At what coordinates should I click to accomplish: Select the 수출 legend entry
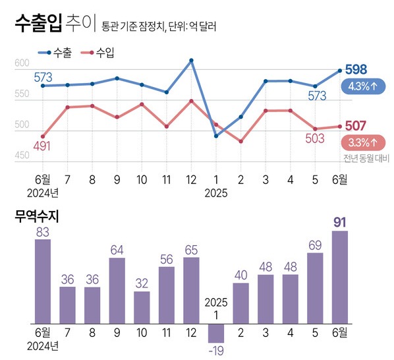click(x=55, y=53)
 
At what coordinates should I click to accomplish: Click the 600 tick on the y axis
click(x=22, y=63)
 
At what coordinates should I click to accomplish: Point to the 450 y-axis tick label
click(x=22, y=156)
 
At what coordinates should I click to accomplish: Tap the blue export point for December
click(x=191, y=61)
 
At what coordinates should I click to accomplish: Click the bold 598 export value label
click(x=356, y=70)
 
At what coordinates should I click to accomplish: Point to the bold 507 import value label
click(x=356, y=126)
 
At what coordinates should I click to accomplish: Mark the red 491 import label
click(x=42, y=146)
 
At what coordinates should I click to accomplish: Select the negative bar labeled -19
click(x=216, y=333)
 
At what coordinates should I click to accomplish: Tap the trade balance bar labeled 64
click(x=117, y=291)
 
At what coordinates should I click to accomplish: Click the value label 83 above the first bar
click(x=43, y=231)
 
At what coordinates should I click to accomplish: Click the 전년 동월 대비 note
click(x=366, y=158)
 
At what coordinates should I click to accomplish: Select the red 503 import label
click(x=315, y=140)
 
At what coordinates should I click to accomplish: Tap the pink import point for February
click(x=240, y=142)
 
